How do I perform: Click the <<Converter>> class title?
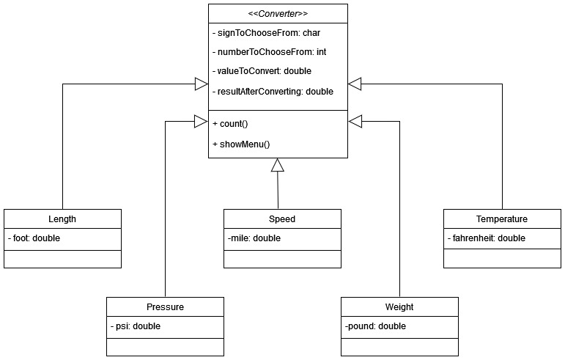coord(278,13)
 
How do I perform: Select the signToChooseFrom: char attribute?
coord(266,33)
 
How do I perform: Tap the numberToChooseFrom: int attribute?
coord(269,52)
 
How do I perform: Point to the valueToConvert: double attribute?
coord(262,71)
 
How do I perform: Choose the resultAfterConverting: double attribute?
coord(273,91)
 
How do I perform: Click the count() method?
coord(230,124)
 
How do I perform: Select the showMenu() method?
coord(241,144)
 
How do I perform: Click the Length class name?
coord(62,218)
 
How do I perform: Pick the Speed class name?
coord(282,218)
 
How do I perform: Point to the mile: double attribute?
coord(254,238)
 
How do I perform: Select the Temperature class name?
coord(501,218)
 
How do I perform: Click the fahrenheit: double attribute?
coord(486,238)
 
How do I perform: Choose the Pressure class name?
coord(165,306)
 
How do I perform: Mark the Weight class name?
coord(399,306)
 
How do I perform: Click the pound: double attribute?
coord(374,326)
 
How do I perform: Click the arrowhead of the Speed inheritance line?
coord(277,166)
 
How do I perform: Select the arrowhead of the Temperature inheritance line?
coord(355,84)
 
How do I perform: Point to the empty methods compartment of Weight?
coord(399,347)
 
